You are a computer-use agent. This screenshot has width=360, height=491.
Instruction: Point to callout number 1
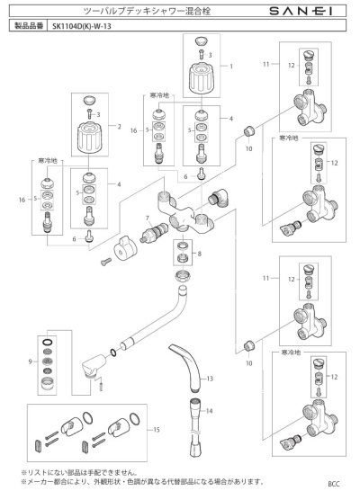click(x=230, y=66)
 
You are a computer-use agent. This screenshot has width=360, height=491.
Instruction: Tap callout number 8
click(x=212, y=254)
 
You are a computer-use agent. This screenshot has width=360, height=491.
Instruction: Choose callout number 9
click(x=31, y=361)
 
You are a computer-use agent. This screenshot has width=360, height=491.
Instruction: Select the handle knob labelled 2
click(x=90, y=133)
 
